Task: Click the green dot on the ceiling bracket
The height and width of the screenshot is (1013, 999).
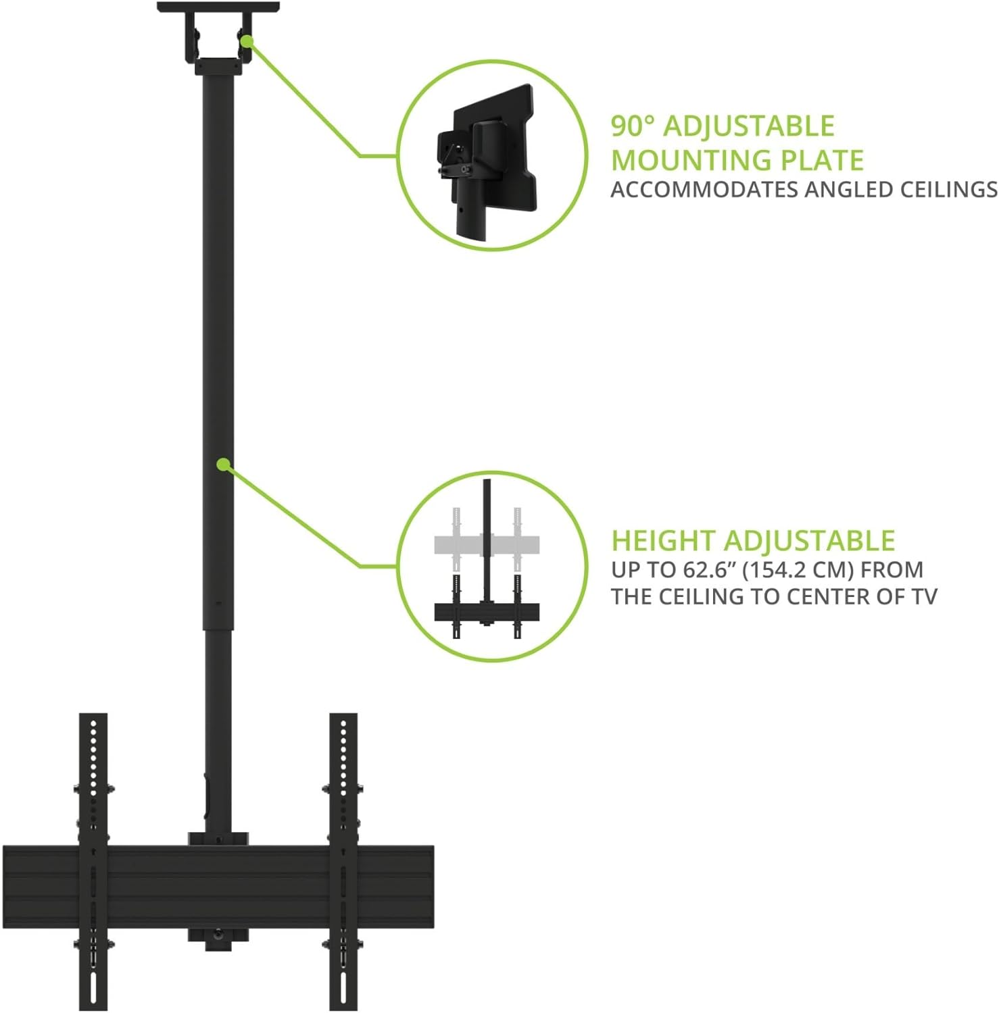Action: point(247,41)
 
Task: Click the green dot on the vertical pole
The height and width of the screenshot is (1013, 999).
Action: point(222,464)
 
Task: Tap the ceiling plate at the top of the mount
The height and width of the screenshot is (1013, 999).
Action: point(218,7)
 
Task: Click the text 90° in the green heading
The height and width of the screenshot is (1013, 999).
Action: point(633,126)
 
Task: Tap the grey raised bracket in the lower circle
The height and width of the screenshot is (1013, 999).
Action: point(487,543)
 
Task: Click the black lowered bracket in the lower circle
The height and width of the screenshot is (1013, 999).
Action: point(487,612)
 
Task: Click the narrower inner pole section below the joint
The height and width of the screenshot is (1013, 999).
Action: point(218,729)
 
